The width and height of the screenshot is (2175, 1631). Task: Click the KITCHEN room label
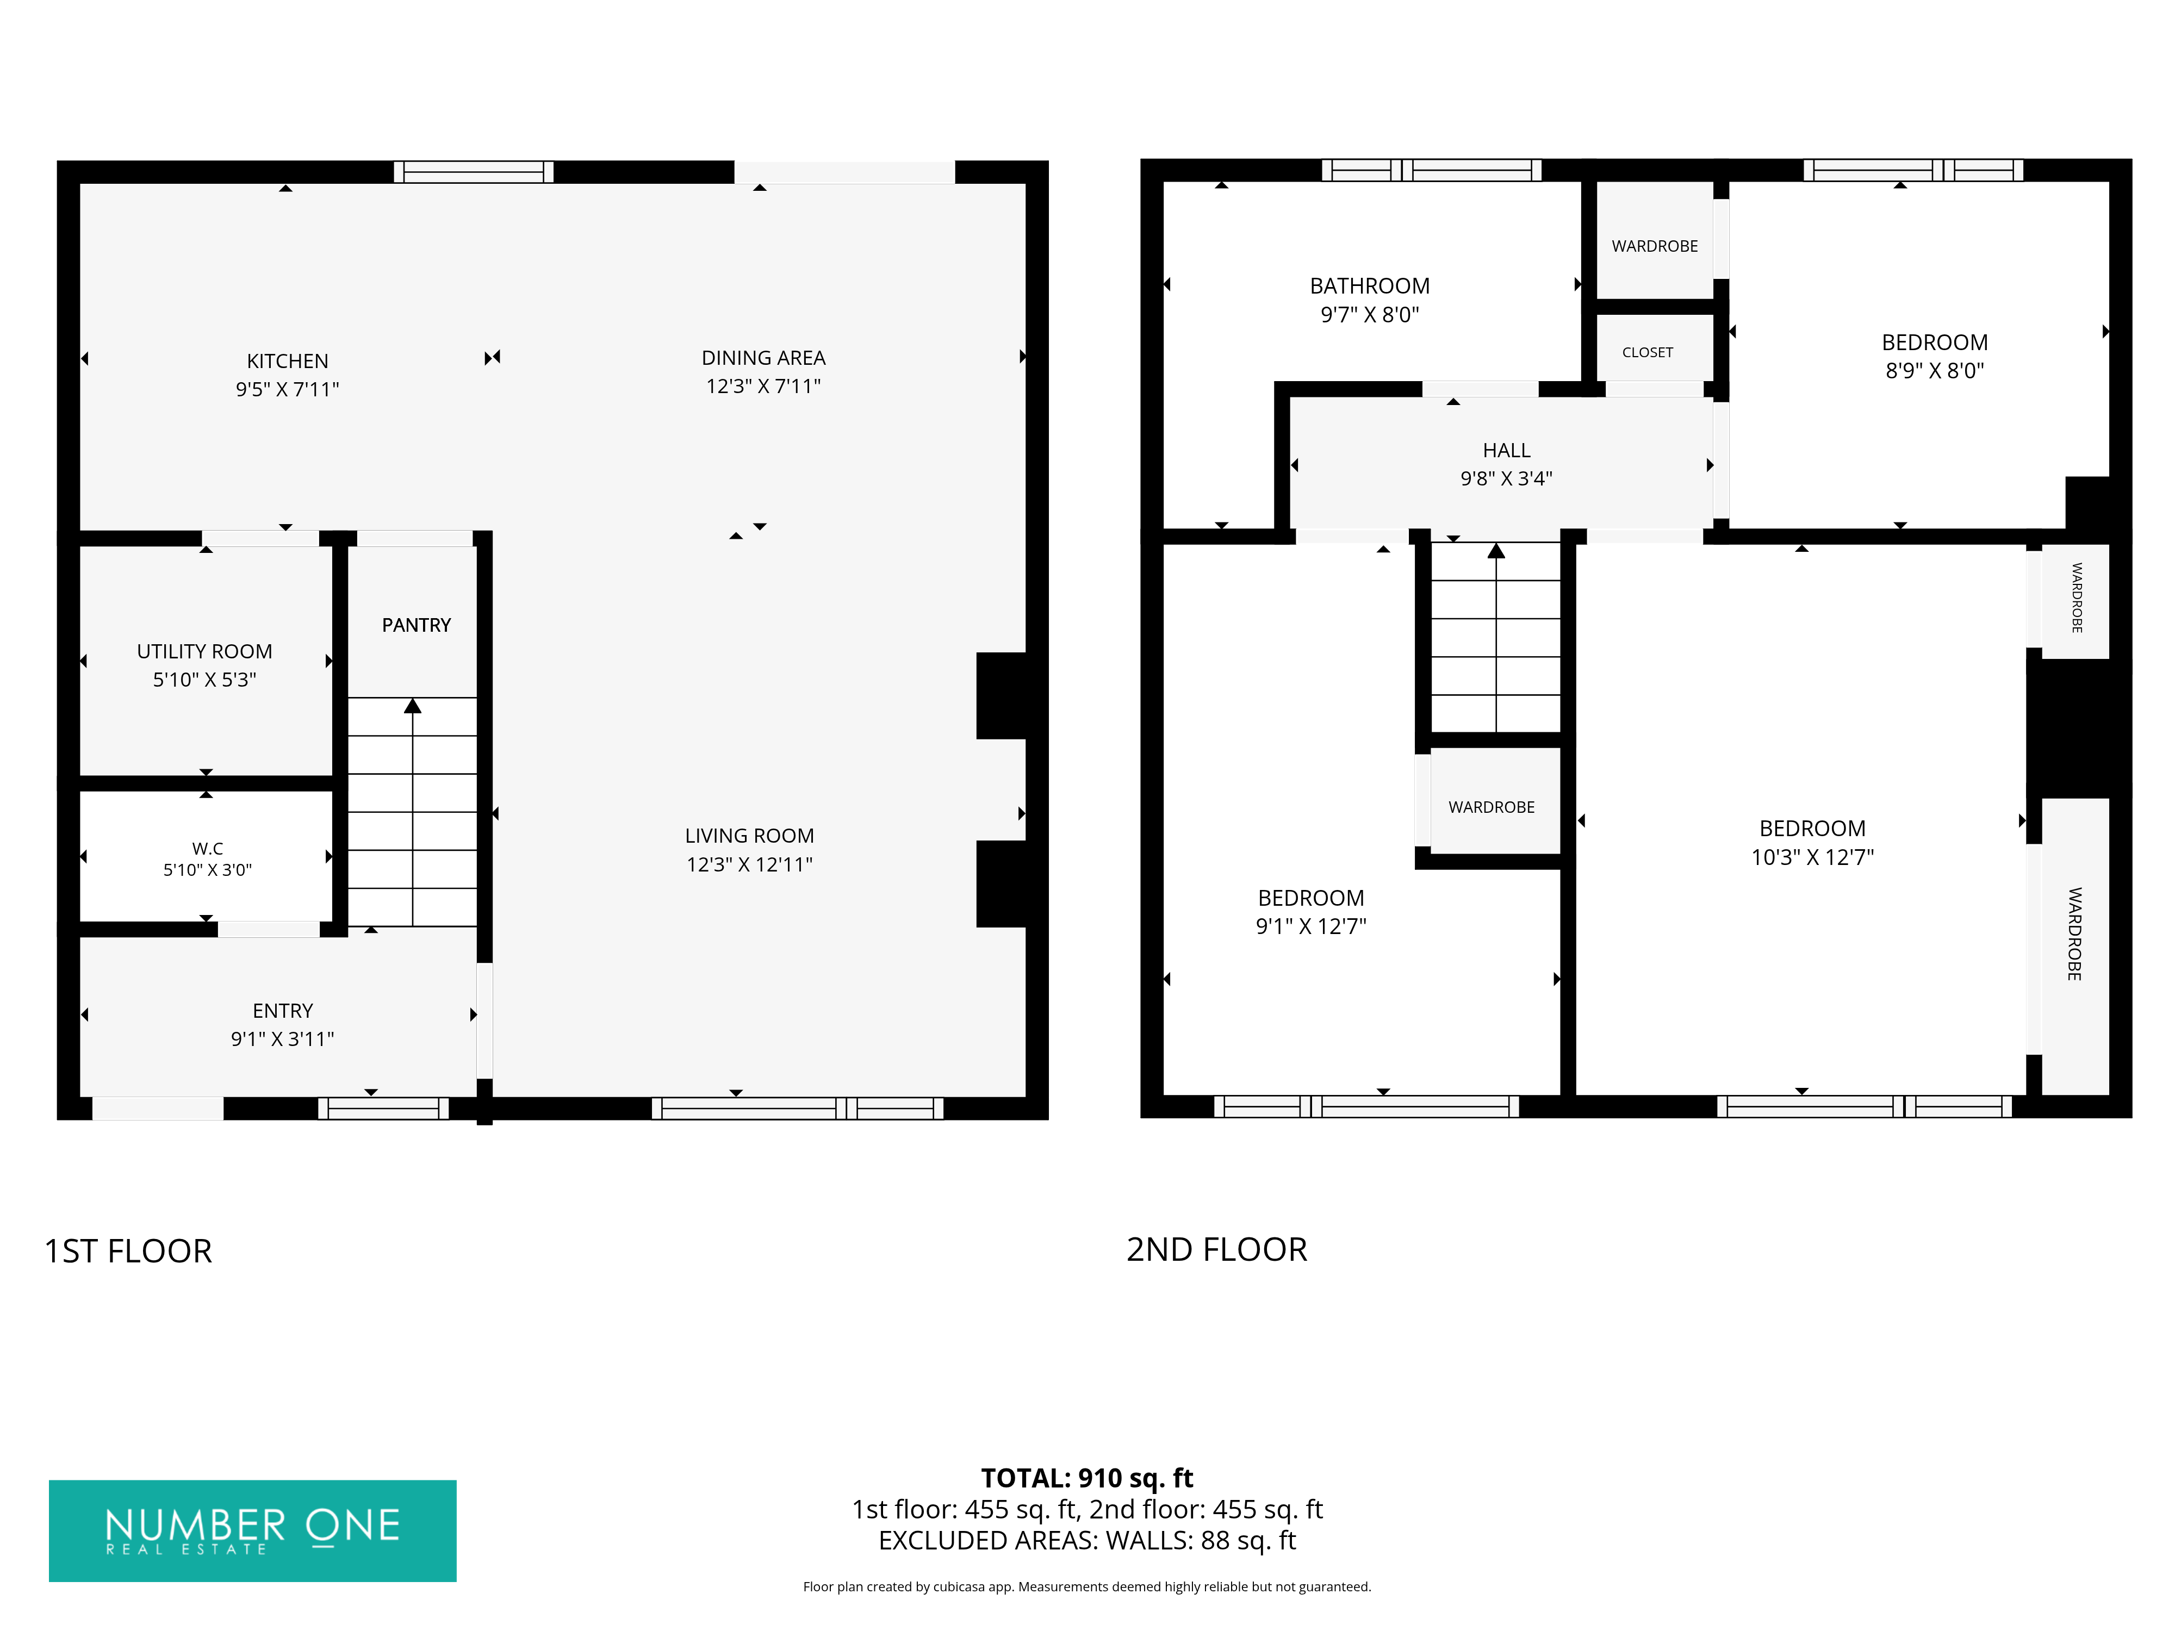tap(287, 361)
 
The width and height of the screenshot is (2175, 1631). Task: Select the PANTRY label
tap(416, 625)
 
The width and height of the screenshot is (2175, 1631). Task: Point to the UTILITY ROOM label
tap(204, 652)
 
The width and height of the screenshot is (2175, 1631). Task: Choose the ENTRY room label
tap(282, 1011)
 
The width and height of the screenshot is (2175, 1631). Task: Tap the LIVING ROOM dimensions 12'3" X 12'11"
tap(749, 864)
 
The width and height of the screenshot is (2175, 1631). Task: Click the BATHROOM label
tap(1370, 286)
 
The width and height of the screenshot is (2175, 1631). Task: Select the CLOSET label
tap(1647, 352)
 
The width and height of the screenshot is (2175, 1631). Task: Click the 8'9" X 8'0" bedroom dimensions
tap(1934, 371)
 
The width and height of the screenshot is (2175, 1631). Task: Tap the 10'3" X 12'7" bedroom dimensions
tap(1812, 857)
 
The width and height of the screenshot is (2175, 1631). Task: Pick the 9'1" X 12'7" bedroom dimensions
tap(1310, 926)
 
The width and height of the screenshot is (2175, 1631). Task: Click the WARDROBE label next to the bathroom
tap(1655, 246)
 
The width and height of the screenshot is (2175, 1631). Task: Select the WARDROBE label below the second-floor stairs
tap(1492, 807)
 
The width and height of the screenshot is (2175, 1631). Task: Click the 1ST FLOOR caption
tap(128, 1250)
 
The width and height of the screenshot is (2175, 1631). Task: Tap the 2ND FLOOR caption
tap(1216, 1249)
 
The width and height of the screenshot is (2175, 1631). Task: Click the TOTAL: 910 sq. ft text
tap(1086, 1478)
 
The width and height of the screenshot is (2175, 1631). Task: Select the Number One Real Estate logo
tap(253, 1531)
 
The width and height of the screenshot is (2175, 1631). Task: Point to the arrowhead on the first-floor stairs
tap(413, 706)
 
